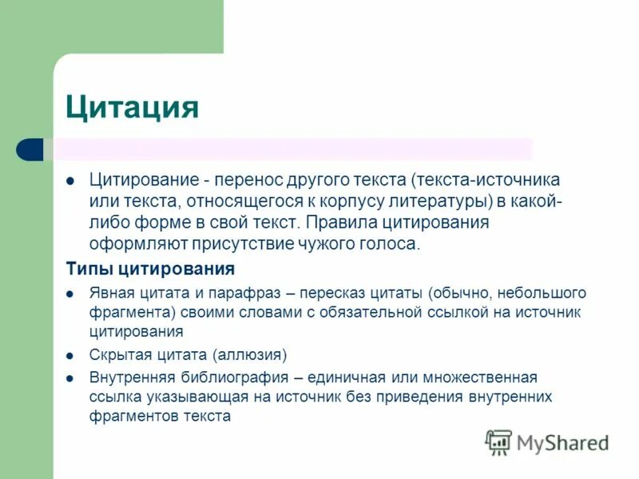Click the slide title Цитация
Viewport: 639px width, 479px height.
click(132, 106)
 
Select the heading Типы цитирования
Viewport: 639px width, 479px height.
click(149, 268)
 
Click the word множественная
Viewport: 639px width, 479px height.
click(487, 377)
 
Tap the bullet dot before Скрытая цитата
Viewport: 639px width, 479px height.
click(70, 354)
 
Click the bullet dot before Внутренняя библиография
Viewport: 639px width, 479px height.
click(70, 378)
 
